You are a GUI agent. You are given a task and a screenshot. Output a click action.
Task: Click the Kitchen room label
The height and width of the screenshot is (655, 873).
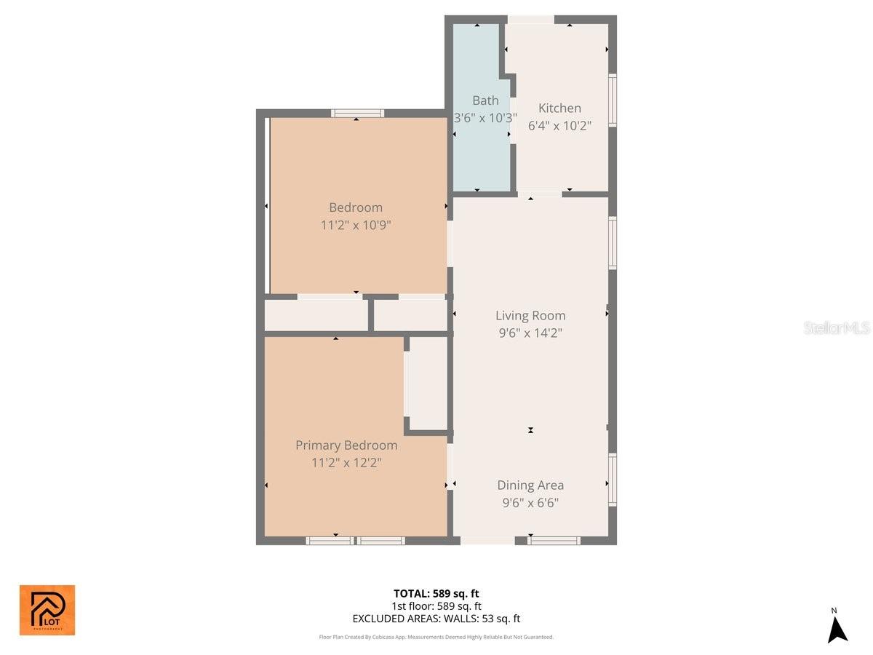(x=559, y=108)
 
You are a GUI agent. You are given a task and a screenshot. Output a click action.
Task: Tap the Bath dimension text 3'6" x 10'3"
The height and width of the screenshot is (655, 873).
(x=485, y=117)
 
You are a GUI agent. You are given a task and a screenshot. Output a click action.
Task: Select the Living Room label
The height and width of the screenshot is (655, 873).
(x=530, y=315)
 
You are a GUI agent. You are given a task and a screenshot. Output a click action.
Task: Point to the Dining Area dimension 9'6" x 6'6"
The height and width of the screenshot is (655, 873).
(x=530, y=503)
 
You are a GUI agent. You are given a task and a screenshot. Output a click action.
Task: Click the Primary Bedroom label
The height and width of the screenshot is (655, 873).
(x=346, y=445)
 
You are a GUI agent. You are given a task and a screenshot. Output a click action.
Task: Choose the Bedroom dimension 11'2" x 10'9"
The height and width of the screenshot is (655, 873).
(x=356, y=225)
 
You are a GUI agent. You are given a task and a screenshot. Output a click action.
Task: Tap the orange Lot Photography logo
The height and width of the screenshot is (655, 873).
(x=47, y=610)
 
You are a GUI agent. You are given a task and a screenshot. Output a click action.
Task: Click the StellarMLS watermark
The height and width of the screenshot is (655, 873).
(x=837, y=328)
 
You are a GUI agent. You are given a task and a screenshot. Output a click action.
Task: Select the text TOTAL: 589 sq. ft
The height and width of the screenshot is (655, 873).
(x=436, y=593)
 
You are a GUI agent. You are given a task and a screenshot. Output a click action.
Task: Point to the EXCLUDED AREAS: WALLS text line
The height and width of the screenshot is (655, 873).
(x=436, y=619)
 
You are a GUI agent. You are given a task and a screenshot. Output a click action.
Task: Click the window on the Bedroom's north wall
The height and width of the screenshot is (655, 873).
(x=357, y=113)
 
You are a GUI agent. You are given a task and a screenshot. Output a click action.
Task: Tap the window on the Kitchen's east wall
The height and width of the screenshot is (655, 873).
(x=613, y=101)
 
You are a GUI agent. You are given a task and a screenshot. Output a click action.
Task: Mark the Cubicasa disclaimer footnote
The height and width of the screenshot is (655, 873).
(x=436, y=637)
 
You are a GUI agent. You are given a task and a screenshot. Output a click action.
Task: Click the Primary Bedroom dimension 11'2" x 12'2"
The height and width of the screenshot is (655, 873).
(x=346, y=462)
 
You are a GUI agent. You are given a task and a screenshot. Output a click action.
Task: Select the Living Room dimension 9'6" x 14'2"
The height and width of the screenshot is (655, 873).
(x=530, y=333)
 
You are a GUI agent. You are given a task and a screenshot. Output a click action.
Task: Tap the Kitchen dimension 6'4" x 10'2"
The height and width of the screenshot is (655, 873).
(x=559, y=125)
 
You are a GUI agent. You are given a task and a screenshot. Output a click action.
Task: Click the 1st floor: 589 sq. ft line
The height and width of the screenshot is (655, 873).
(x=436, y=606)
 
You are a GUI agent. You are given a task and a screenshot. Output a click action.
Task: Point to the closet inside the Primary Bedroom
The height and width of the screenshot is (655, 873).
(x=428, y=383)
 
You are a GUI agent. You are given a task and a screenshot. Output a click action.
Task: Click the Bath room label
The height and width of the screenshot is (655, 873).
(x=485, y=100)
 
